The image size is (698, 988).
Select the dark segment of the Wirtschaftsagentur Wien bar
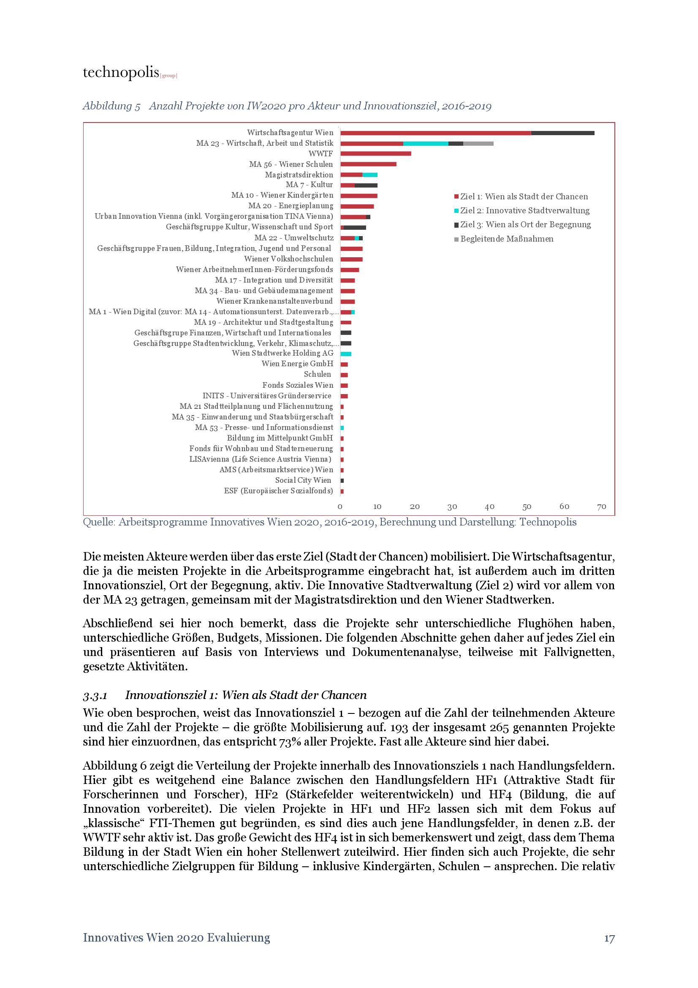coord(562,133)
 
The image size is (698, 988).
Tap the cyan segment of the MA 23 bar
coord(425,143)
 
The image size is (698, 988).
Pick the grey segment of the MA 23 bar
coord(478,143)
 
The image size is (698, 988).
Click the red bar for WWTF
coord(375,154)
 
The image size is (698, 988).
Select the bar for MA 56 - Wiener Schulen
coord(368,164)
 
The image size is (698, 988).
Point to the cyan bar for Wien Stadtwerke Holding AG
coord(346,354)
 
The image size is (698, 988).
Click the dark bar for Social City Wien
coord(342,480)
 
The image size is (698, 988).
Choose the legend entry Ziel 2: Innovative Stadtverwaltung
coord(524,210)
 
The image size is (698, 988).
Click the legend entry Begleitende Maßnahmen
coord(506,239)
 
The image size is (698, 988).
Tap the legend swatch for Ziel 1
coord(456,197)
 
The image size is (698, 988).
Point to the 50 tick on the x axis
coord(527,506)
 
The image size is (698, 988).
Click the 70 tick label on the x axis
coord(601,506)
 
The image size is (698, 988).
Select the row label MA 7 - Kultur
coord(309,185)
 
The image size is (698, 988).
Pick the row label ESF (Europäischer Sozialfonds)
coord(278,490)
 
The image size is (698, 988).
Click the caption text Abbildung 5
coord(111,106)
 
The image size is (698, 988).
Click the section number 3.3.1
coord(95,695)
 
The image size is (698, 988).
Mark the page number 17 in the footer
coord(609,938)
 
